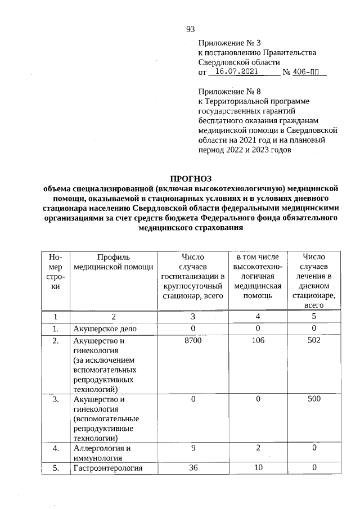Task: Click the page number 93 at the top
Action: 190,29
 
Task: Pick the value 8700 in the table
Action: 193,341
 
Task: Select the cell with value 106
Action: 258,341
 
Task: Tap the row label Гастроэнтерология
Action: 107,468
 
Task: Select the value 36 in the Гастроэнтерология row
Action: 193,467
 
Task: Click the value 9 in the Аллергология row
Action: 193,448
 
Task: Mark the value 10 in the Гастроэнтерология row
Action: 258,467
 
